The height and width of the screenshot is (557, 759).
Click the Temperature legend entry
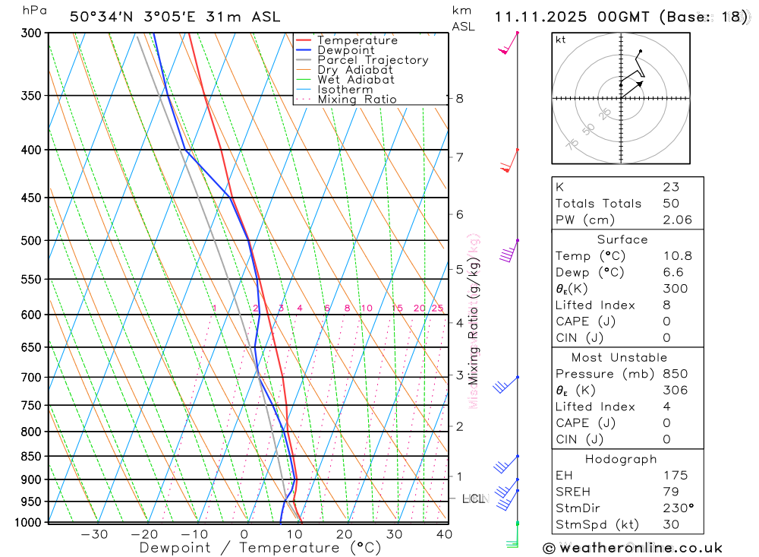coord(357,40)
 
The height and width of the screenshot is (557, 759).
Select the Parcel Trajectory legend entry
coord(372,60)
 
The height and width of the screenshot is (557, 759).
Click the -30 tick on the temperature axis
coord(94,534)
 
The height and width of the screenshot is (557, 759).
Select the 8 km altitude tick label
coord(459,98)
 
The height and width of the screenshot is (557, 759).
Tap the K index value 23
coord(670,187)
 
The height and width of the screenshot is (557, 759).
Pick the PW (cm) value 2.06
coord(677,220)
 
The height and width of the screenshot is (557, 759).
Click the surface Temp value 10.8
coord(677,256)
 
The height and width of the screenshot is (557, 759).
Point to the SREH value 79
coord(670,492)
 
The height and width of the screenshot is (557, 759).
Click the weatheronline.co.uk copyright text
coord(633,547)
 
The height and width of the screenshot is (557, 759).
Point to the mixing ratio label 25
coord(437,308)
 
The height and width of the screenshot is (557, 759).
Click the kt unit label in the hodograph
coord(561,40)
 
